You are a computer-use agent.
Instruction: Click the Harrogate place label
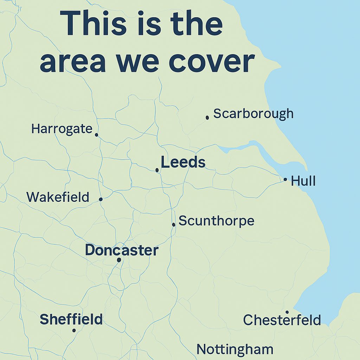(62, 129)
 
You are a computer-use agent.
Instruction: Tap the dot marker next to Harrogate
(96, 135)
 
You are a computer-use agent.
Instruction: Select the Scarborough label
(253, 114)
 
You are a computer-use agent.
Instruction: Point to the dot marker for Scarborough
(207, 117)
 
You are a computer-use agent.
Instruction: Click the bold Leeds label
(183, 162)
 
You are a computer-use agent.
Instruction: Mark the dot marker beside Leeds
(157, 170)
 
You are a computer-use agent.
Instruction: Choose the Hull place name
(303, 181)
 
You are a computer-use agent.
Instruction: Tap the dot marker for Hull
(285, 179)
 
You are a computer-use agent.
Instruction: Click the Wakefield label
(58, 197)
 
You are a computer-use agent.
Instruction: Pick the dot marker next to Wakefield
(101, 199)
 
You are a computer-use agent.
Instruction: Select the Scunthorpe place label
(216, 221)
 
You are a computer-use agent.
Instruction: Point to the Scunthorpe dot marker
(174, 224)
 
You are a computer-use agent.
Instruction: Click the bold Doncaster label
(122, 250)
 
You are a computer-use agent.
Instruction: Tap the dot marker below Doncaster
(119, 260)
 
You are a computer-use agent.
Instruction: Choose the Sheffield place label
(71, 319)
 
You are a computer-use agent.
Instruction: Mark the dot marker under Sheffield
(74, 330)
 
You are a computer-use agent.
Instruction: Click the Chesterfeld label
(282, 320)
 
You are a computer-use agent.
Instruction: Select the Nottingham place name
(235, 349)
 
